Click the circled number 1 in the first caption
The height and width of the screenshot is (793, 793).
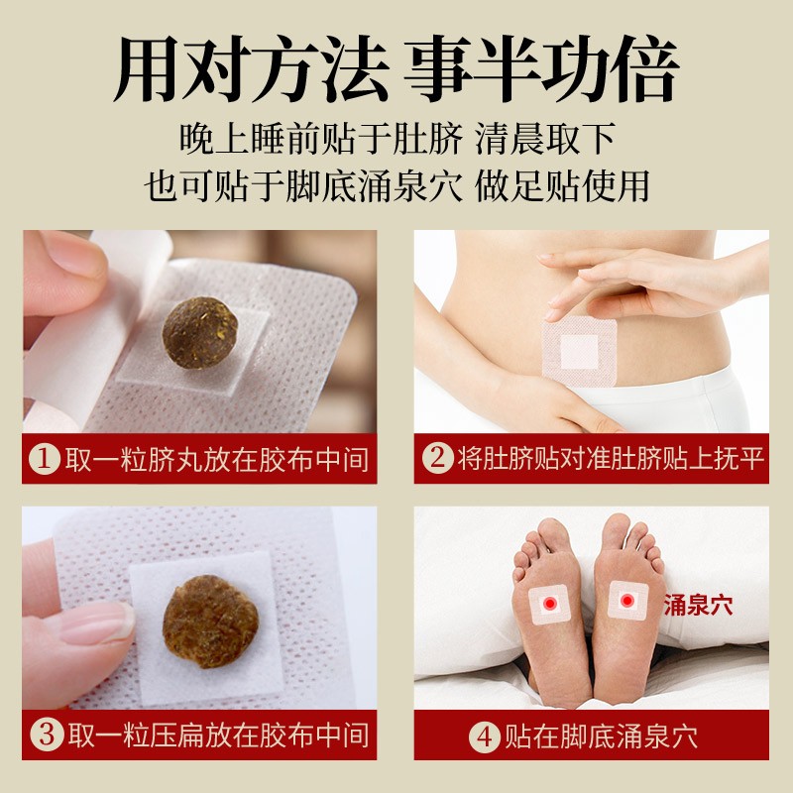click(45, 459)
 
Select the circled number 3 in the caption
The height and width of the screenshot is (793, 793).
click(45, 735)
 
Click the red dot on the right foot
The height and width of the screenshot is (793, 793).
click(625, 599)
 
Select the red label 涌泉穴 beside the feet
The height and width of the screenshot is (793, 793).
click(698, 606)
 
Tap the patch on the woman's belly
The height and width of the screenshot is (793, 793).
click(581, 349)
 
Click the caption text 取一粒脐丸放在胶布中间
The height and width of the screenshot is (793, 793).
click(216, 459)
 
